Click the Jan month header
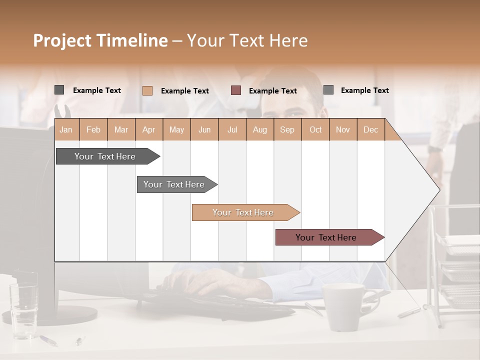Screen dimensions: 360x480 point(66,129)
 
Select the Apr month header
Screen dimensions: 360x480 point(149,129)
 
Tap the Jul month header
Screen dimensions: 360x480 point(232,129)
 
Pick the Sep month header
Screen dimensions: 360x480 point(287,129)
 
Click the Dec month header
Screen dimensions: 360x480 point(370,129)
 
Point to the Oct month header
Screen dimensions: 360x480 point(315,129)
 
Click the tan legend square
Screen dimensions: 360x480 point(147,90)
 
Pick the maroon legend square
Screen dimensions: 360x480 point(236,90)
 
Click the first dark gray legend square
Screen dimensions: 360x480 point(59,90)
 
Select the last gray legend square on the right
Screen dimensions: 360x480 point(328,90)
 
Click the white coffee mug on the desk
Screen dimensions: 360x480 point(344,306)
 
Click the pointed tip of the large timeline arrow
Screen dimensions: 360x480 point(439,190)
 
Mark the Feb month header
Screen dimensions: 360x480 point(93,129)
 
